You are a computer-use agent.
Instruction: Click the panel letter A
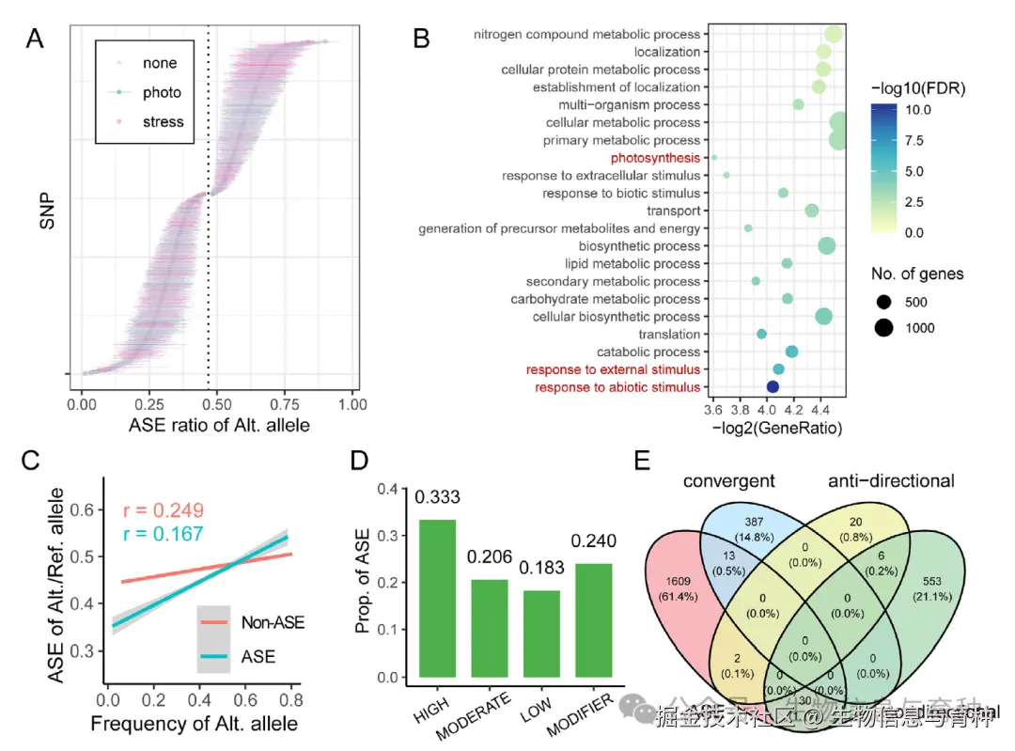[36, 39]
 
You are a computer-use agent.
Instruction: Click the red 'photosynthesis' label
[655, 158]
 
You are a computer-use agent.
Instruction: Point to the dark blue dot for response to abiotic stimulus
[773, 386]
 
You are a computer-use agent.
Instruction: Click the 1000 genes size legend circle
[883, 328]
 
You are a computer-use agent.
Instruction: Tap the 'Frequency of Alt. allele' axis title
[194, 724]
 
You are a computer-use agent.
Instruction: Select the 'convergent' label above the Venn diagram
[729, 481]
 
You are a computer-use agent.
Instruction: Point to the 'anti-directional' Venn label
[891, 481]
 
